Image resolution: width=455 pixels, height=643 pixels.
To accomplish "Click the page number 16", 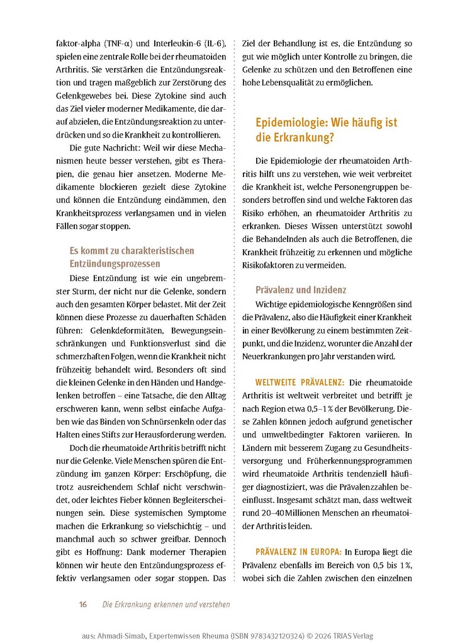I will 82,605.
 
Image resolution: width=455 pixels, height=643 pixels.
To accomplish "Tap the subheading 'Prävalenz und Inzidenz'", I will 300,290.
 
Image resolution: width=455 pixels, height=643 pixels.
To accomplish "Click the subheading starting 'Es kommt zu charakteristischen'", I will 132,257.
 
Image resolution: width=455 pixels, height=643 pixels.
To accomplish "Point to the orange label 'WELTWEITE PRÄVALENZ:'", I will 299,382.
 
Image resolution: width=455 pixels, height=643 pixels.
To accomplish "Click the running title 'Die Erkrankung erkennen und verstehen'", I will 166,605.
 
